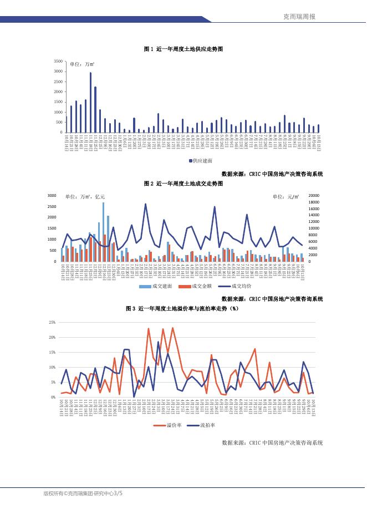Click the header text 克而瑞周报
[x=299, y=17]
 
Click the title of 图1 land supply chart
[x=183, y=49]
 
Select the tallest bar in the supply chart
[x=90, y=103]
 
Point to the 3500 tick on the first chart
[x=58, y=60]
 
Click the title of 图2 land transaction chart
[x=183, y=183]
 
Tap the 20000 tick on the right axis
[x=313, y=196]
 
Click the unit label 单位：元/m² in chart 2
[x=286, y=196]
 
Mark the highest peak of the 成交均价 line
[x=145, y=204]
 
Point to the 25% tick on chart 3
[x=52, y=322]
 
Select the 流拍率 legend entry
[x=203, y=425]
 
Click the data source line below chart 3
[x=272, y=442]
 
